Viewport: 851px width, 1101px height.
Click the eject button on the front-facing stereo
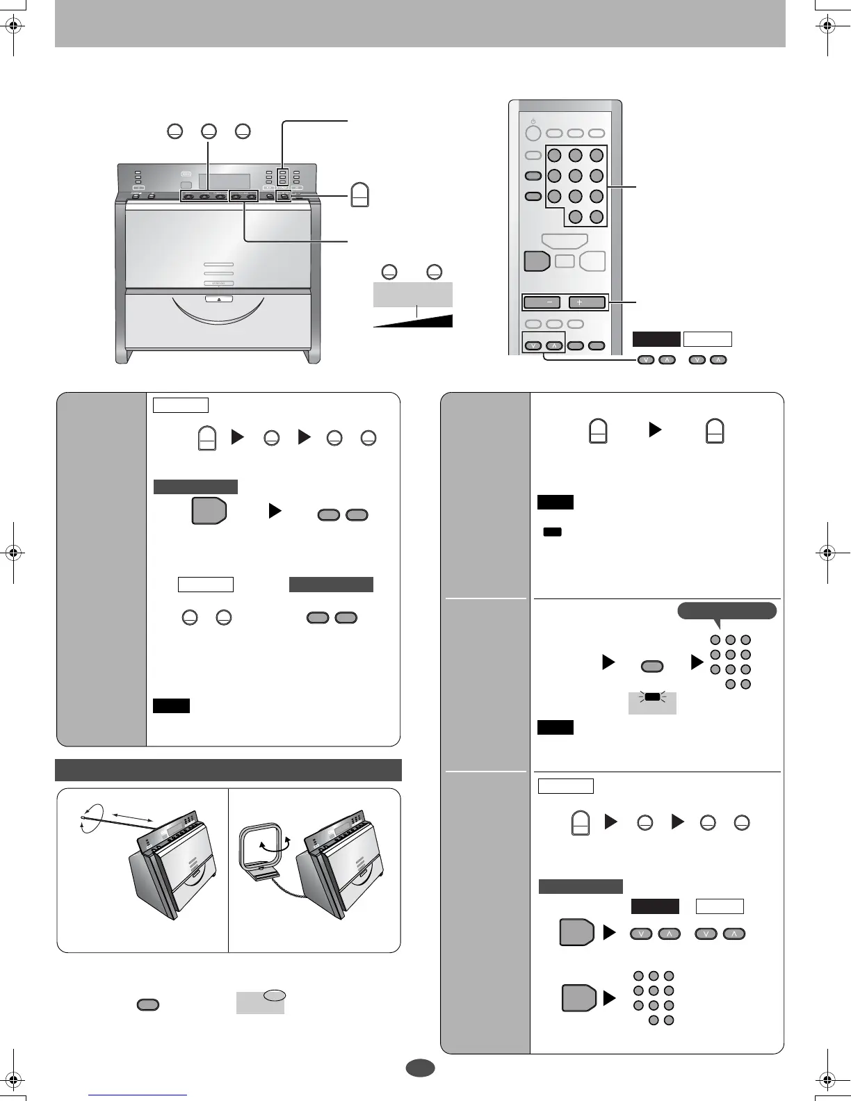tap(218, 300)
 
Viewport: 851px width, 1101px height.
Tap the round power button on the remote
tap(532, 133)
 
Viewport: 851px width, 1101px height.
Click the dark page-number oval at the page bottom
tap(420, 1068)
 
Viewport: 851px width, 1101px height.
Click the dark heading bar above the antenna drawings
tap(228, 770)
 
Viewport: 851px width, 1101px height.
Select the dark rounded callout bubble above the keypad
tap(727, 610)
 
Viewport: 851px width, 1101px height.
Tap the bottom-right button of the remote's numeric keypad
tap(597, 216)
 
